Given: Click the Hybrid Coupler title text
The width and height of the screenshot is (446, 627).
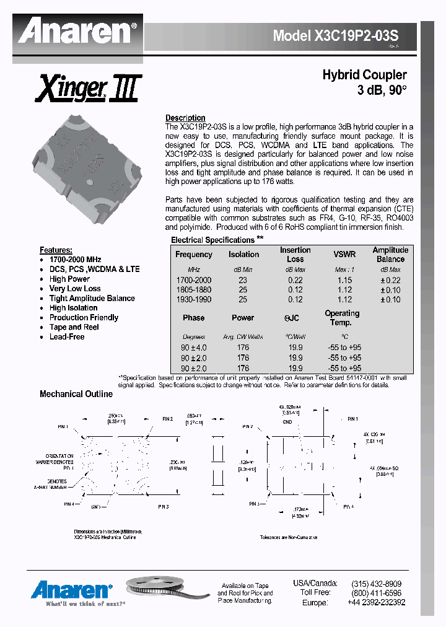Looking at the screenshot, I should point(364,75).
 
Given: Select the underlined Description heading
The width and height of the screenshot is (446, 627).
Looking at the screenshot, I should point(185,118).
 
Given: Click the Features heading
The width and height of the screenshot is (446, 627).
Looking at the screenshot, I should point(56,250).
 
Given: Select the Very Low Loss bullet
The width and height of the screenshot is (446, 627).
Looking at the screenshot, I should point(75,289).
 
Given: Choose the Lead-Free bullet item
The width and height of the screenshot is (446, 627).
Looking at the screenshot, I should point(67,336).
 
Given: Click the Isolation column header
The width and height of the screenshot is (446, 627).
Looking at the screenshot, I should point(243,254).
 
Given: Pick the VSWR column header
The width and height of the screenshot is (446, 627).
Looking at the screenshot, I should point(344,254).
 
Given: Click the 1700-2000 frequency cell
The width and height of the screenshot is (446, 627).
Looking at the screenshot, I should point(193,280).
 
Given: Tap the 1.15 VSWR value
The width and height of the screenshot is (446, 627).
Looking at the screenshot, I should point(344,280).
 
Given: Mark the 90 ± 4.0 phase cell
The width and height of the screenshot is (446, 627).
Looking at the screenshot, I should point(193,348).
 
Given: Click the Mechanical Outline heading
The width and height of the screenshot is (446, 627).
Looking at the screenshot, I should point(76,394).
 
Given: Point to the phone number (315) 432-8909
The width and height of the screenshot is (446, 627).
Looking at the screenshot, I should point(376,584).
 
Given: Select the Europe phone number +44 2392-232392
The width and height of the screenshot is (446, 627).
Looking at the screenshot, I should point(376,602).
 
